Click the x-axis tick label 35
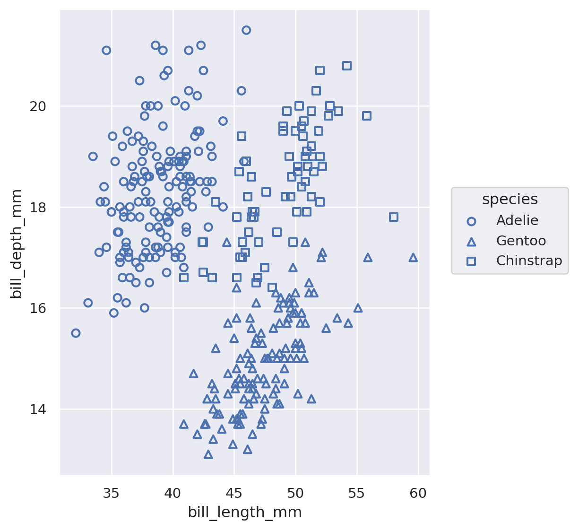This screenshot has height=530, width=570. coord(112,494)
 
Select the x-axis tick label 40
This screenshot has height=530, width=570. coord(173,494)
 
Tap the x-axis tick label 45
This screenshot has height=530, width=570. coord(234,494)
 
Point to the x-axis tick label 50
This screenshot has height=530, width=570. coord(295,494)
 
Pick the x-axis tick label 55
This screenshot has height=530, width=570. coord(357,494)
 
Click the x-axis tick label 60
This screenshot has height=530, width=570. coord(418,494)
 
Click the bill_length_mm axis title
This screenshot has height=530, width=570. coord(245,513)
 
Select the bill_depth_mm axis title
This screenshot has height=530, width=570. coord(17,243)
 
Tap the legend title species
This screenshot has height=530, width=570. coord(510,200)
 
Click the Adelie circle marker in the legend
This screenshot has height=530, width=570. coord(471,221)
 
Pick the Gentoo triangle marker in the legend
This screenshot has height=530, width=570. coord(471,241)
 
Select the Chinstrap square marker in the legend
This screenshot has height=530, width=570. coord(471,261)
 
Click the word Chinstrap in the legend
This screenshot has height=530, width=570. coord(529,261)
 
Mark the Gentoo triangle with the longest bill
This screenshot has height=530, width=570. coord(413,257)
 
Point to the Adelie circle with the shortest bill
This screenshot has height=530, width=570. coord(76,333)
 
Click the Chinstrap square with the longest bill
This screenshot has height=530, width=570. coord(394,217)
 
